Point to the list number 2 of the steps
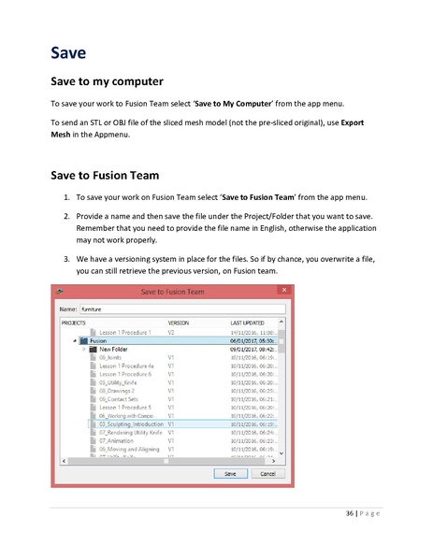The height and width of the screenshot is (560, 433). click(x=66, y=215)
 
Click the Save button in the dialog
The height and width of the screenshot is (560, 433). click(x=230, y=473)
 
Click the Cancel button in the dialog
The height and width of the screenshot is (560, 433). click(x=267, y=473)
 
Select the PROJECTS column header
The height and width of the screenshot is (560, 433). click(x=74, y=322)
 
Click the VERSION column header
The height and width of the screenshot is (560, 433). click(x=178, y=322)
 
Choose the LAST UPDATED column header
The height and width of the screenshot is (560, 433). click(x=248, y=322)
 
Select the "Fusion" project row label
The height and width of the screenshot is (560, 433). click(x=98, y=340)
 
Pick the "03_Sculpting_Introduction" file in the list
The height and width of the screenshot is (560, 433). click(x=130, y=424)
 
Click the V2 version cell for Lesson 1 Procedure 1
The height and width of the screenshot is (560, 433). click(x=171, y=332)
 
